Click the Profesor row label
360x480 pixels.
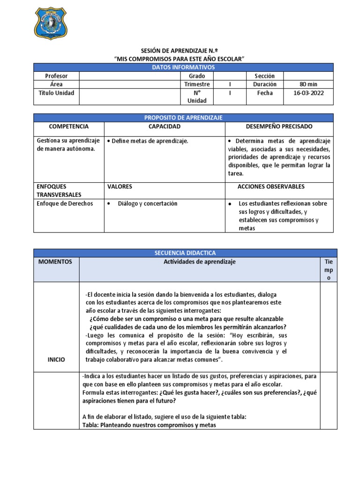[x=56, y=76]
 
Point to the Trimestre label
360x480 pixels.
[x=197, y=84]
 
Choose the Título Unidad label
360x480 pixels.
[x=56, y=93]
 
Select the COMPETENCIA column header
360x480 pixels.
[x=68, y=127]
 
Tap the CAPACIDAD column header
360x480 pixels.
[x=164, y=127]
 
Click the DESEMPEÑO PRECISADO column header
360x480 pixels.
[x=279, y=127]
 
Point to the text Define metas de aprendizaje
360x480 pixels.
[x=150, y=141]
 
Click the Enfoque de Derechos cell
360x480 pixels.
[x=65, y=203]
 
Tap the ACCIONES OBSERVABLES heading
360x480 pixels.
[x=271, y=187]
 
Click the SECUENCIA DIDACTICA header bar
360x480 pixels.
[x=185, y=253]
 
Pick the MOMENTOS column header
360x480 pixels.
[x=56, y=262]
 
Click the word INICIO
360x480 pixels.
[x=56, y=360]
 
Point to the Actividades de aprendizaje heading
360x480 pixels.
[x=200, y=262]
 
